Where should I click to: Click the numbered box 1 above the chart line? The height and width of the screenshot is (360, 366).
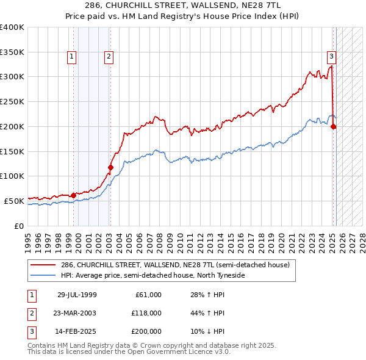pos(72,57)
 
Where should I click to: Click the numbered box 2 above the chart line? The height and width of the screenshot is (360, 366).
pos(108,57)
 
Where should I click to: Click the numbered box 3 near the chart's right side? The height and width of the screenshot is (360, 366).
pos(331,57)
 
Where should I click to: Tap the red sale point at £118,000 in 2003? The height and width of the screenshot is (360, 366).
pos(110,167)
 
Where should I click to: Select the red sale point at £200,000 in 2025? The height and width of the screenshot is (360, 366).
pos(334,126)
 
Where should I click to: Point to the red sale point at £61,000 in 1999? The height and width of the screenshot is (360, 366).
pos(73,195)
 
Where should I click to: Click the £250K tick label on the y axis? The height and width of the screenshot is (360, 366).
pos(12,102)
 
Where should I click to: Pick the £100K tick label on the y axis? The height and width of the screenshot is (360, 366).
pos(12,176)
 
